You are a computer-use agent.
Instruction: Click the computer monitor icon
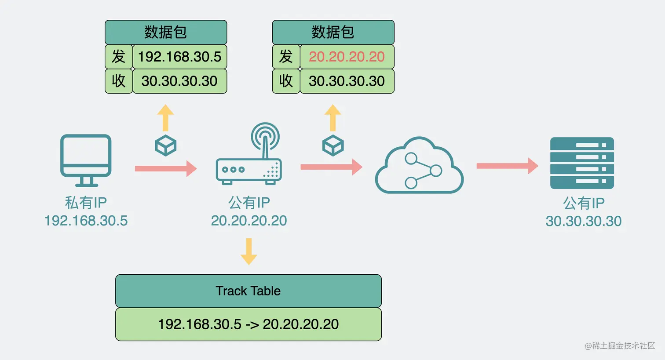coord(86,160)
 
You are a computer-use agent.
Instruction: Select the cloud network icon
coord(419,167)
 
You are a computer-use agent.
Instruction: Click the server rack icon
coord(582,163)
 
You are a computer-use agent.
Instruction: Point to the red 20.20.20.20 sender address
coord(347,57)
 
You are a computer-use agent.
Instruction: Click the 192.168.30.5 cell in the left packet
coord(179,57)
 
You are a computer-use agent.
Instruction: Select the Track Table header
coord(248,291)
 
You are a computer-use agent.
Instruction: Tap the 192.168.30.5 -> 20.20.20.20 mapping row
coord(248,324)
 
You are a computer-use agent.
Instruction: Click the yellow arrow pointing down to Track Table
coord(249,251)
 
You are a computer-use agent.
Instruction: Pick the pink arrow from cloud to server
coord(507,166)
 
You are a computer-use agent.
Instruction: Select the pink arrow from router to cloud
coord(331,167)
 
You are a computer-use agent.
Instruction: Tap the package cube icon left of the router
coord(166,145)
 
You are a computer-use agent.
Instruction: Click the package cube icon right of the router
coord(333,145)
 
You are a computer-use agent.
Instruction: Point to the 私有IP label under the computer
coord(86,203)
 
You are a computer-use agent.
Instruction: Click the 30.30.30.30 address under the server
coord(584,221)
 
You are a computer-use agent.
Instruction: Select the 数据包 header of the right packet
coord(333,32)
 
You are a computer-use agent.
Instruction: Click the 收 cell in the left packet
coord(119,81)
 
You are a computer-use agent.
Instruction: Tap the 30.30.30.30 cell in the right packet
coord(347,81)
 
